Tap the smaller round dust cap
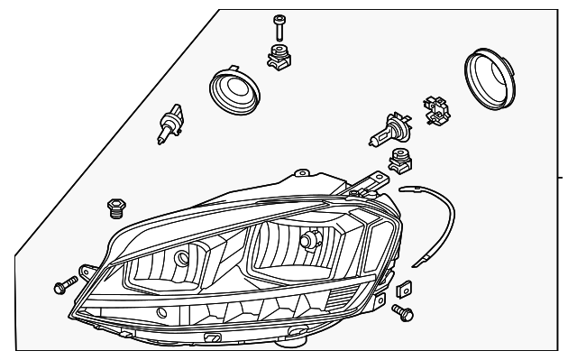click(x=233, y=91)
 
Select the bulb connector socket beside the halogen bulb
click(x=435, y=113)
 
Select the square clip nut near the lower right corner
click(x=404, y=291)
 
